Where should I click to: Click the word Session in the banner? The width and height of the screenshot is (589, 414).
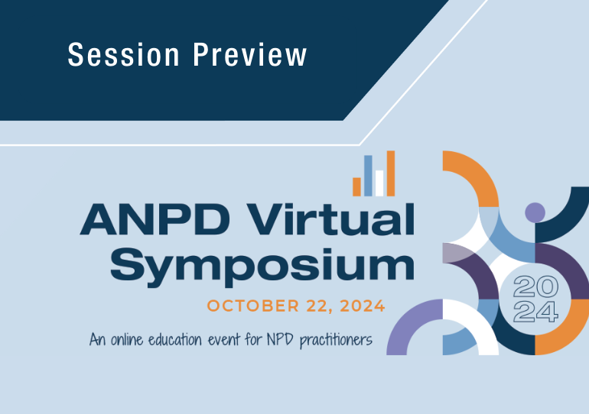tap(122, 55)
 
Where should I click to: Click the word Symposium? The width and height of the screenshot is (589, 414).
tap(262, 264)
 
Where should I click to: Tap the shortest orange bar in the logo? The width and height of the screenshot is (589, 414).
tap(356, 186)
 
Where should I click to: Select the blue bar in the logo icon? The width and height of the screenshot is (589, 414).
tap(368, 175)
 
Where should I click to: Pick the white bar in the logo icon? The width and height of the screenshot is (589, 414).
tap(379, 183)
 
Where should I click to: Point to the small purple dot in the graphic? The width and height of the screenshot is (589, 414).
tap(535, 212)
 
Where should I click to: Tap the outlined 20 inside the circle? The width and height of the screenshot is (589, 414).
tap(535, 288)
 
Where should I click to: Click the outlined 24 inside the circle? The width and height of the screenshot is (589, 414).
tap(535, 311)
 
